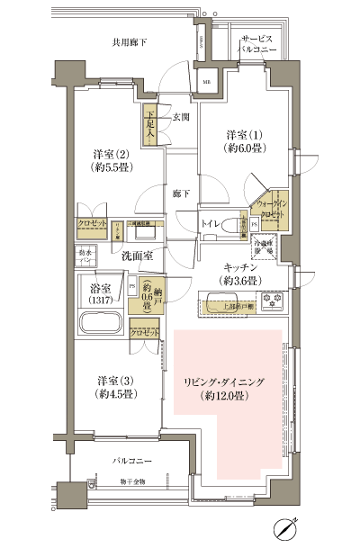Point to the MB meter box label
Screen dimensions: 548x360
pyautogui.click(x=206, y=83)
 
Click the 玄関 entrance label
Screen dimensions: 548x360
pyautogui.click(x=181, y=117)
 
